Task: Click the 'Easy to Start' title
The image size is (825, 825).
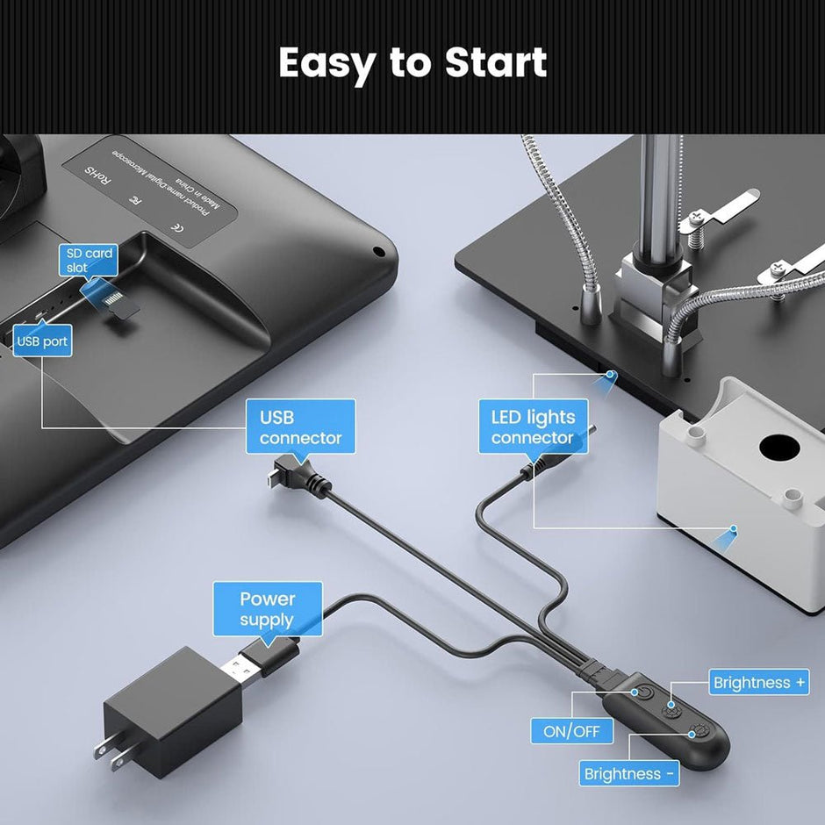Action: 412,63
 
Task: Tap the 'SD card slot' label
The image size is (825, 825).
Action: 90,260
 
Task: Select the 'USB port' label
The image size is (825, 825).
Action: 42,341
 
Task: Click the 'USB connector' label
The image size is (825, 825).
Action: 301,427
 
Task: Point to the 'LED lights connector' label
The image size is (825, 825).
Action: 534,427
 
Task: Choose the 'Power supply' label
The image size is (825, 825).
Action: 268,609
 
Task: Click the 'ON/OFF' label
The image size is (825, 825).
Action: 571,730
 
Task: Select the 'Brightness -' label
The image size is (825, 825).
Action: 630,773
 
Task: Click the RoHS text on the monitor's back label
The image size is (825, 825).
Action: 97,176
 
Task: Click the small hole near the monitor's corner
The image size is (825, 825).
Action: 378,251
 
